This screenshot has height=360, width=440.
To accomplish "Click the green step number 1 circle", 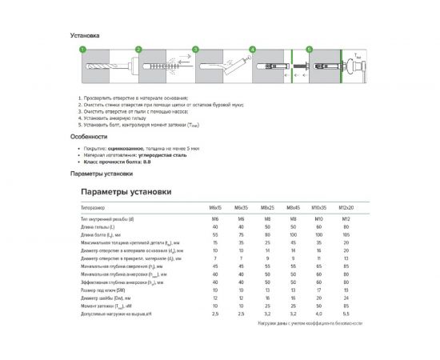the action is point(80,50).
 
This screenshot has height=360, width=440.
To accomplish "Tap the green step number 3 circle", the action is point(194,50).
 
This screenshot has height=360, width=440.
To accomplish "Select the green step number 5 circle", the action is point(310,50).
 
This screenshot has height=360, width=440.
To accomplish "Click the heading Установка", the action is point(84,36).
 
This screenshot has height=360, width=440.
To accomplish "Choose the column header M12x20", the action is point(346,207).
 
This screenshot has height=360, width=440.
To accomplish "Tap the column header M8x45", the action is point(294,207).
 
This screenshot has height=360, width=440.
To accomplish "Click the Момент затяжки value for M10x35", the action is point(319,306).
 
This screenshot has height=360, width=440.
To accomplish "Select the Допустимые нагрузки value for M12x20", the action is point(346,314).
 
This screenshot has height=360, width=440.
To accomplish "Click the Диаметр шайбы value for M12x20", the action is point(346,297).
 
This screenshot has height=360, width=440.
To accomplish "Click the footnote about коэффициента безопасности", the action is point(310,323).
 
